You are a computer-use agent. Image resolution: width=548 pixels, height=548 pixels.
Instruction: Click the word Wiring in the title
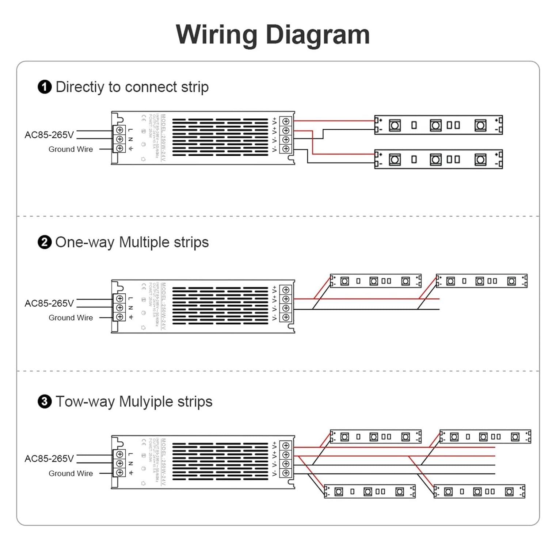pos(216,35)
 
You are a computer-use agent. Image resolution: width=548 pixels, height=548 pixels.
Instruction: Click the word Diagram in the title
pos(317,35)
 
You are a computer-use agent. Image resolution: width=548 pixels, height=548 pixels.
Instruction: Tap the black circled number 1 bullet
pos(45,87)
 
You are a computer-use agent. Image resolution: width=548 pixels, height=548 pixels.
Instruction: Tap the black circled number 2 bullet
pos(45,242)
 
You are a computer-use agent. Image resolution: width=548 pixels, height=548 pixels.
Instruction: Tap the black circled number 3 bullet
pos(45,402)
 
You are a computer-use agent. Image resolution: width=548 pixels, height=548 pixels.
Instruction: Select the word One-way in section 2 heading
pos(85,242)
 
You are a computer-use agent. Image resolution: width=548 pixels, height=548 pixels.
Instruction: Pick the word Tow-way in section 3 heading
pos(85,402)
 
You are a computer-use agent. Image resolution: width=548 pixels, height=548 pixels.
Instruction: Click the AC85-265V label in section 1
pos(49,135)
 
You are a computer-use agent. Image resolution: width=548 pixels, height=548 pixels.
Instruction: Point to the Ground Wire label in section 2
pos(71,317)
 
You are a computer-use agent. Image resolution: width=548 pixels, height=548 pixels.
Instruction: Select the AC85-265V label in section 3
pos(49,458)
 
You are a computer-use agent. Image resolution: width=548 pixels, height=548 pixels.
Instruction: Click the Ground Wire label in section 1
pos(71,149)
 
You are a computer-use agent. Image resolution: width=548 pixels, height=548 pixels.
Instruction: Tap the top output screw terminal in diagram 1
pos(286,121)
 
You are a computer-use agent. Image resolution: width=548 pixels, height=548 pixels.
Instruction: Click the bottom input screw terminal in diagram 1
pos(119,148)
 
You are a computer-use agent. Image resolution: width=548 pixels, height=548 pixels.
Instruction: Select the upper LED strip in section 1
pos(438,125)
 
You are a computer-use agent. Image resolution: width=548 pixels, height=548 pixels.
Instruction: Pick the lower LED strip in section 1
pos(438,159)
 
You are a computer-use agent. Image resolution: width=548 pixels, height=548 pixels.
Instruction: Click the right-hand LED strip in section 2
pos(482,281)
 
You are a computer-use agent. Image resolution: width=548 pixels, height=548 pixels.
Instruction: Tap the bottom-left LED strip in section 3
pos(370,492)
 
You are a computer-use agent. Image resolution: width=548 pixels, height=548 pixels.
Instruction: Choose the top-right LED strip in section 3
pos(485,437)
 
